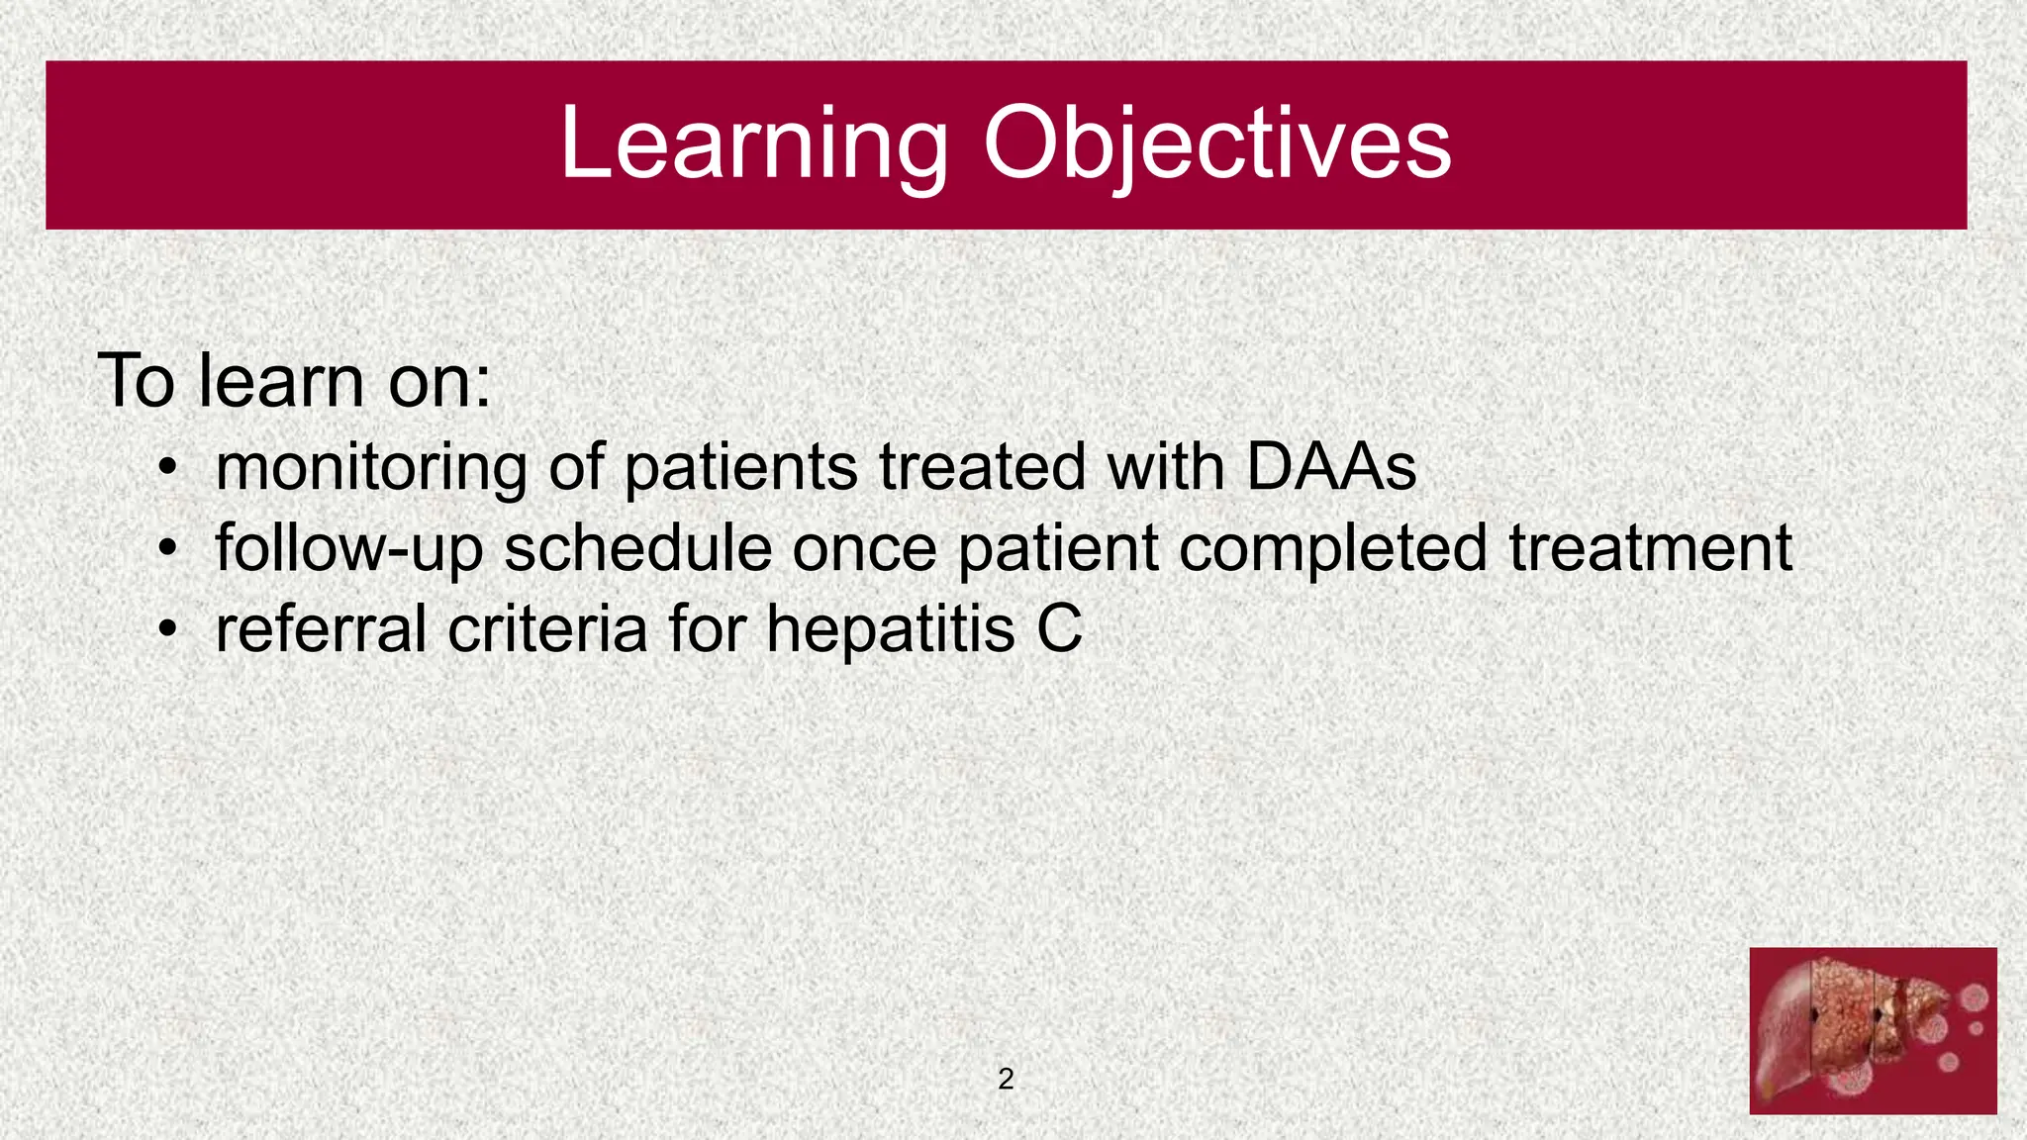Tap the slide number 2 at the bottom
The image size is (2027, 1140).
pos(1006,1079)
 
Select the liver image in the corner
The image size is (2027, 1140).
pos(1873,1030)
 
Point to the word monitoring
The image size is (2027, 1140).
pos(371,468)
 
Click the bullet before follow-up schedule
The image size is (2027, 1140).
pos(169,547)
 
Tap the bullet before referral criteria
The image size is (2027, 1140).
pos(169,628)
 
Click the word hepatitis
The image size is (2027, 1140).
pos(891,629)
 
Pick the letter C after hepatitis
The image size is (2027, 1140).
pos(1059,629)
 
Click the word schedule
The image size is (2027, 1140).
pos(637,548)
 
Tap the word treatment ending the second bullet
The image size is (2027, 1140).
pos(1650,548)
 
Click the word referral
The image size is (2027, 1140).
pos(321,629)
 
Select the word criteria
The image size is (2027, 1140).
pos(547,629)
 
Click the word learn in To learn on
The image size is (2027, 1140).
pos(281,381)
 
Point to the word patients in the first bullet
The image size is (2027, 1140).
pos(741,468)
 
